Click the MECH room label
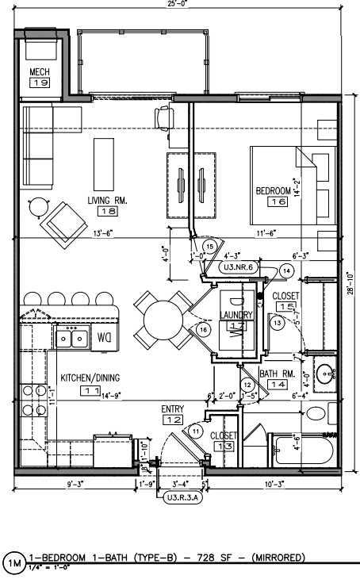pyautogui.click(x=40, y=72)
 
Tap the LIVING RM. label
pyautogui.click(x=107, y=200)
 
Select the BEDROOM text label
pyautogui.click(x=277, y=191)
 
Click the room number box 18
pyautogui.click(x=107, y=212)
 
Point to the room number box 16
pyautogui.click(x=277, y=203)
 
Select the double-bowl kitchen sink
pyautogui.click(x=73, y=339)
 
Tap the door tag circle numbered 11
pyautogui.click(x=196, y=430)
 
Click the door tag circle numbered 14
pyautogui.click(x=286, y=270)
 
